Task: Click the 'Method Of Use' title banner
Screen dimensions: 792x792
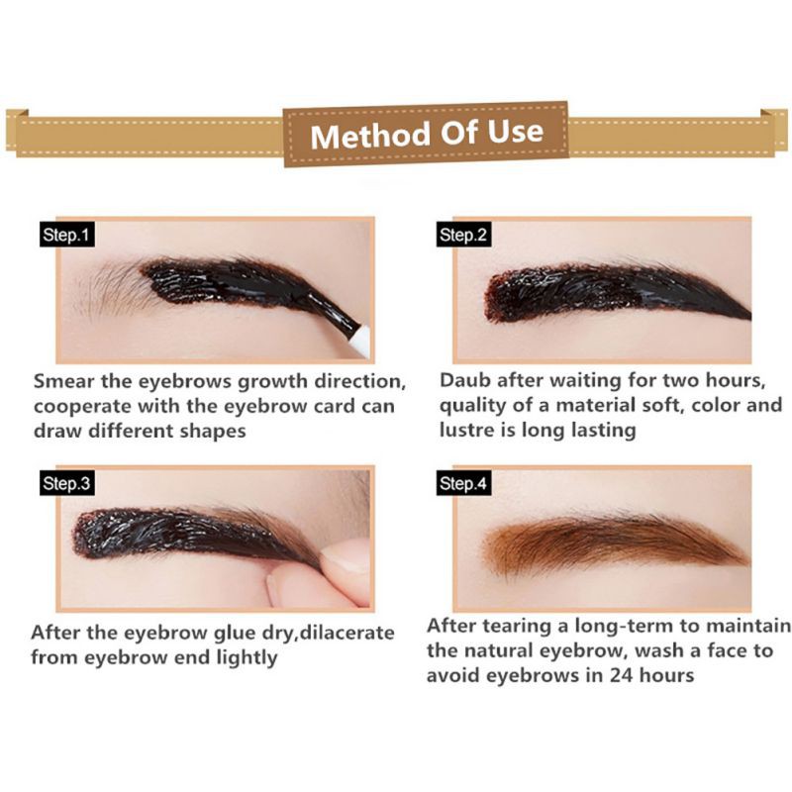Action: coord(427,133)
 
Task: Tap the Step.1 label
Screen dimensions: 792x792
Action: coord(67,236)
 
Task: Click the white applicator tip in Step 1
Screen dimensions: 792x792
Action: coord(357,339)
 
